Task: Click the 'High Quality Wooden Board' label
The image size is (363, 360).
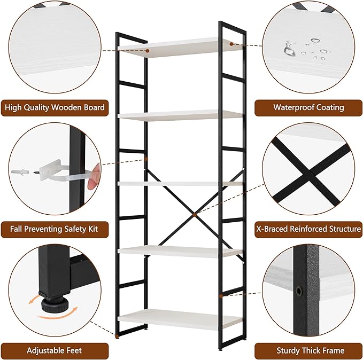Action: (x=55, y=108)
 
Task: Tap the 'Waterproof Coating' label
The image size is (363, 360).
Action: (x=308, y=108)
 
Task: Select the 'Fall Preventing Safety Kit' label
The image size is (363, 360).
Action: (x=55, y=229)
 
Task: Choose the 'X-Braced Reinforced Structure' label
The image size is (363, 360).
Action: (x=308, y=229)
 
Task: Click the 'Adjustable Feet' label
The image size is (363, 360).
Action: (x=55, y=351)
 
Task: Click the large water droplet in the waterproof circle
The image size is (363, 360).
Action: (x=289, y=49)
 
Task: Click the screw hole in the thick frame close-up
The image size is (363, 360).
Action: (x=299, y=291)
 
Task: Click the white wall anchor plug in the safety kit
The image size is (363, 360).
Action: (x=20, y=171)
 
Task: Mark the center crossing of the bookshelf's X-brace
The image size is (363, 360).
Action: (x=195, y=215)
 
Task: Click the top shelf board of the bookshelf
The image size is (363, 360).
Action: (x=180, y=48)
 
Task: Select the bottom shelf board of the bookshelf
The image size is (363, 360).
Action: (x=180, y=319)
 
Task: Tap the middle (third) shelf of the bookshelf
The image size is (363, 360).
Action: (x=180, y=184)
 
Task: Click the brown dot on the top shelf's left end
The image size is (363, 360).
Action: (x=147, y=51)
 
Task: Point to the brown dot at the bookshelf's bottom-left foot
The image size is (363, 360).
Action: (x=117, y=335)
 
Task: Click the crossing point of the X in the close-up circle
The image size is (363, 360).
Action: (x=310, y=171)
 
